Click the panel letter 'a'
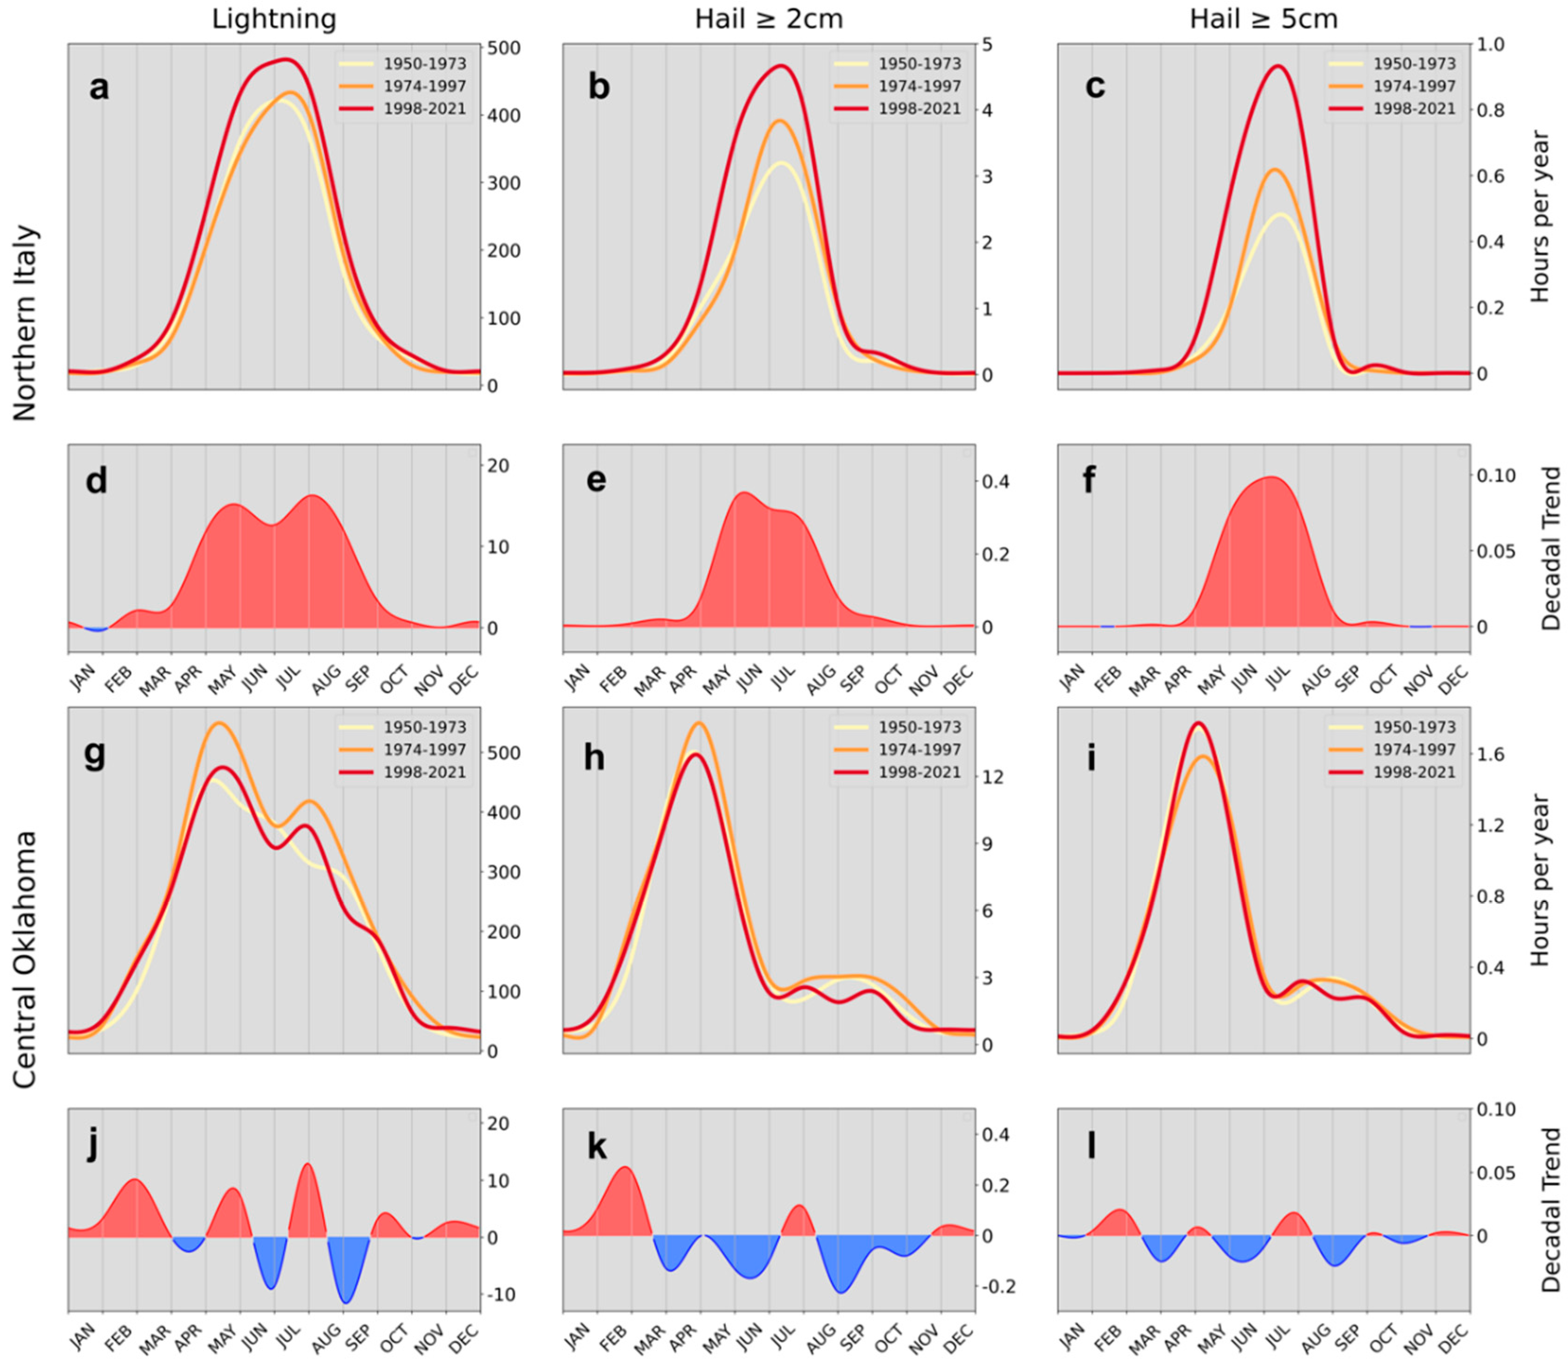pos(98,87)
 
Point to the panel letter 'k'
pos(596,1146)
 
